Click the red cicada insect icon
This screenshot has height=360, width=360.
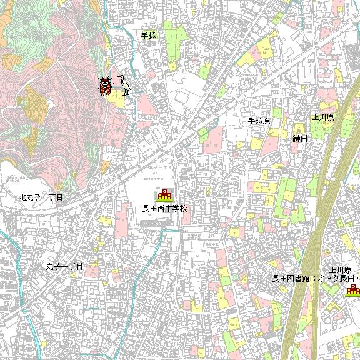pyautogui.click(x=104, y=86)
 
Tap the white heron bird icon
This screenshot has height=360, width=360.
pyautogui.click(x=125, y=84)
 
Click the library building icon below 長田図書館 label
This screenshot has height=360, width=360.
pyautogui.click(x=354, y=289)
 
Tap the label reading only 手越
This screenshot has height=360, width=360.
pyautogui.click(x=148, y=36)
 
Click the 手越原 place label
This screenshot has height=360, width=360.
pyautogui.click(x=259, y=121)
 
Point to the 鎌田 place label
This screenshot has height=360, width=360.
pyautogui.click(x=300, y=138)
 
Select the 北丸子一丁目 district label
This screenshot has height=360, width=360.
pyautogui.click(x=41, y=197)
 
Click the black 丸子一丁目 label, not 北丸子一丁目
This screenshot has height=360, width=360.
pyautogui.click(x=64, y=266)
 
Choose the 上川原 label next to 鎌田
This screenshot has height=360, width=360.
pyautogui.click(x=323, y=117)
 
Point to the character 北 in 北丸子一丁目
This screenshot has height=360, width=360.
pyautogui.click(x=22, y=197)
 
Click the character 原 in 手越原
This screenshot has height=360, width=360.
pyautogui.click(x=266, y=121)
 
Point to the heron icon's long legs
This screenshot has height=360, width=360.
pyautogui.click(x=127, y=91)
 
